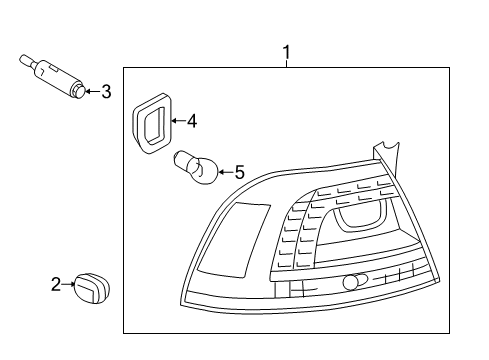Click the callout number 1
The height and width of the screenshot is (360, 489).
coord(286,52)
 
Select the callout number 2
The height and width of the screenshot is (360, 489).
coord(56,284)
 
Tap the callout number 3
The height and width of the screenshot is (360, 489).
coord(106,91)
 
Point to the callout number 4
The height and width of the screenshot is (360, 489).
coord(192,121)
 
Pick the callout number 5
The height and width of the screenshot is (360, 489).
coord(240,172)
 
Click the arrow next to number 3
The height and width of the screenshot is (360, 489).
coord(93,91)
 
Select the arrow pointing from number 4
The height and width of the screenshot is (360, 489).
coord(178,121)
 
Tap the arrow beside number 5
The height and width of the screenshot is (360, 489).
coord(226,172)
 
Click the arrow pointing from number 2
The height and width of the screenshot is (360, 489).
coord(69,284)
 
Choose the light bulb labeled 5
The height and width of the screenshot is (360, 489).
coord(196,167)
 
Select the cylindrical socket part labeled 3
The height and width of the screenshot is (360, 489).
coord(53,76)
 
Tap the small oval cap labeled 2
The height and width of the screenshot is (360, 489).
coord(92,288)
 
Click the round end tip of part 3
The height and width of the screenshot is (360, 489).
coord(79,91)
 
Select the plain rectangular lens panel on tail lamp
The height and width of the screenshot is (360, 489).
coord(234,240)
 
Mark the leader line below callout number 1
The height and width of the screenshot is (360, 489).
coord(287,64)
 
